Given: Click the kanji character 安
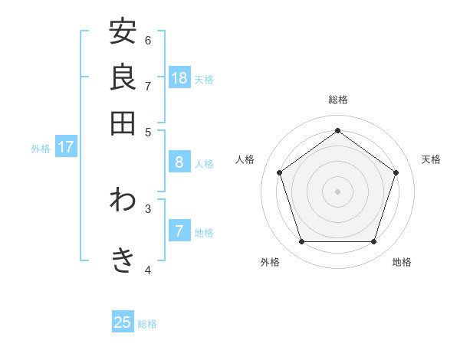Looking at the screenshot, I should (x=123, y=32).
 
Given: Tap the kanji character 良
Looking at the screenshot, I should (x=123, y=77).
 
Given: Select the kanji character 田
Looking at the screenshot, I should (x=123, y=123).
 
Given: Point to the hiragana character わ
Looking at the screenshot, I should (x=123, y=201).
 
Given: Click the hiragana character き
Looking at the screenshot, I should (x=123, y=261).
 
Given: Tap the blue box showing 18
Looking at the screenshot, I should (x=179, y=78).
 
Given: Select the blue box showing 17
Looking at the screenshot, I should (x=65, y=147).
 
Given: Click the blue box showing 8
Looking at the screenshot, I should (x=179, y=162).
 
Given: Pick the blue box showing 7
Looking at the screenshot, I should (x=179, y=231).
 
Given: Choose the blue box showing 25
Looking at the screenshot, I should (x=123, y=322).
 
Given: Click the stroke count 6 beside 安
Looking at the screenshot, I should (x=148, y=40).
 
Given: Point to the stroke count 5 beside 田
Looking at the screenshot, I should (x=148, y=131).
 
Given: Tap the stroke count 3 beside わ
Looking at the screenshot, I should (x=148, y=208).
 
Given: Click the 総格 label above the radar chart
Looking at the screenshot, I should (x=338, y=100).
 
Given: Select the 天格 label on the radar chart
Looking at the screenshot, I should (x=431, y=159).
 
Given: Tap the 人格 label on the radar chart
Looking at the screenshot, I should (x=245, y=159).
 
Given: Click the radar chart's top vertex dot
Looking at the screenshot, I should (x=338, y=131).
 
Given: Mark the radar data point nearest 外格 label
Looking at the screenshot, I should (x=302, y=241).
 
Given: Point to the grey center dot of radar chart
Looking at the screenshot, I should (x=338, y=191).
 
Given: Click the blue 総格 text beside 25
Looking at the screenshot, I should (x=147, y=324).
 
